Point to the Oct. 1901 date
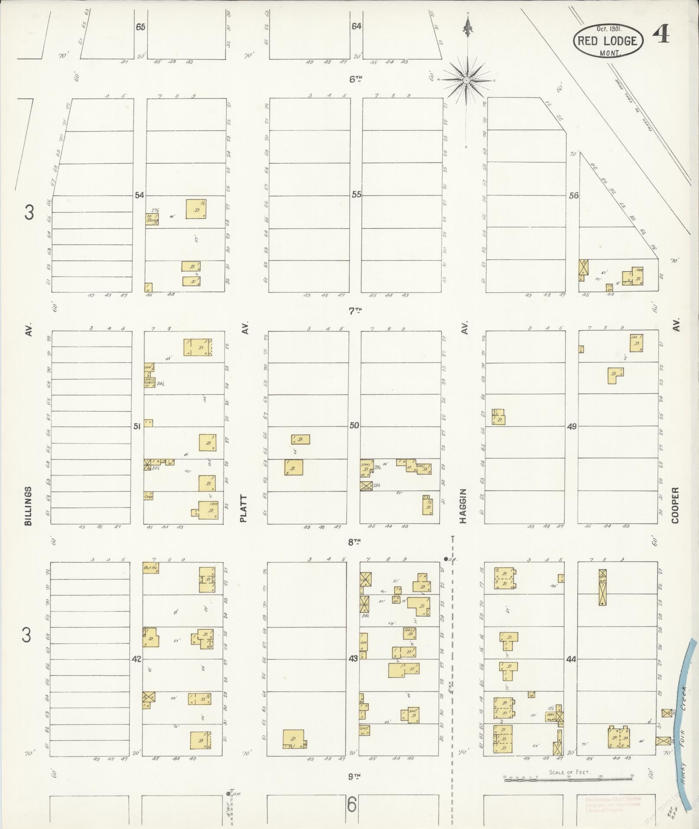point(609,29)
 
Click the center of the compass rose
point(467,81)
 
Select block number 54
point(139,195)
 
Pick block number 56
point(573,195)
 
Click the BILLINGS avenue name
point(29,506)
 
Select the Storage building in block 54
point(152,219)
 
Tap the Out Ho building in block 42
point(150,568)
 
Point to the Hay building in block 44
point(551,715)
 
